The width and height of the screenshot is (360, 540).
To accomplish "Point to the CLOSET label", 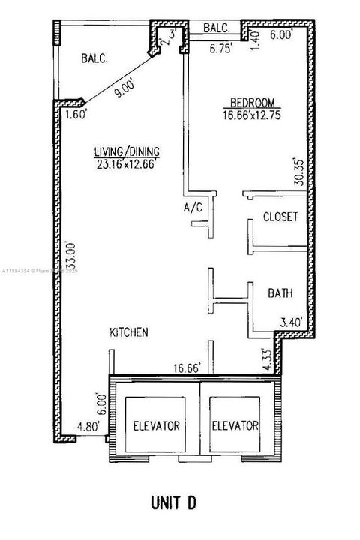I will (280, 217).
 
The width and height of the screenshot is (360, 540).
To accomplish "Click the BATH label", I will (280, 293).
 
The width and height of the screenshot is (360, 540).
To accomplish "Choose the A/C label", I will (193, 208).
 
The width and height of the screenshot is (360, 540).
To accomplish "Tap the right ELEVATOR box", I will (234, 425).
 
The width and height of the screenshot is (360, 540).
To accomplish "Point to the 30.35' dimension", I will (299, 175).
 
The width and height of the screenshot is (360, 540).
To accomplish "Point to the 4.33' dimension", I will (265, 353).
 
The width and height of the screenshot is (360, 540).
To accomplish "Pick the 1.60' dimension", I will (76, 115).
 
